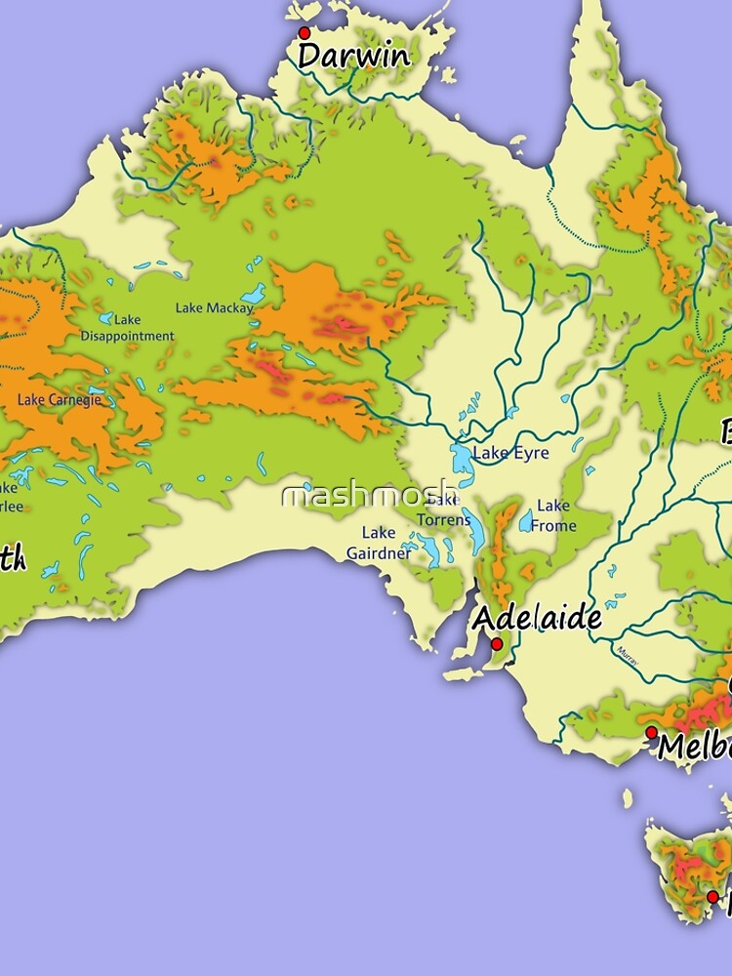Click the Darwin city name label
pyautogui.click(x=353, y=56)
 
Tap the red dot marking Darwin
pyautogui.click(x=304, y=33)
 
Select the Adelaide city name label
pyautogui.click(x=537, y=619)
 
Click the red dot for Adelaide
pyautogui.click(x=496, y=644)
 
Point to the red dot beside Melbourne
pyautogui.click(x=651, y=731)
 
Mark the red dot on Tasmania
pyautogui.click(x=712, y=896)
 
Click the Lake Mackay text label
pyautogui.click(x=214, y=308)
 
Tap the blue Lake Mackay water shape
pyautogui.click(x=254, y=294)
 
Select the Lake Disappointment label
pyautogui.click(x=127, y=328)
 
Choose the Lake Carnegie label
pyautogui.click(x=59, y=399)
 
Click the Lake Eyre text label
pyautogui.click(x=510, y=454)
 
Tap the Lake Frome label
pyautogui.click(x=553, y=515)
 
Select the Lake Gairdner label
pyautogui.click(x=379, y=543)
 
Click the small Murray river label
pyautogui.click(x=627, y=655)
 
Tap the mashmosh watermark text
pyautogui.click(x=368, y=496)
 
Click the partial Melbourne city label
pyautogui.click(x=694, y=748)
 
